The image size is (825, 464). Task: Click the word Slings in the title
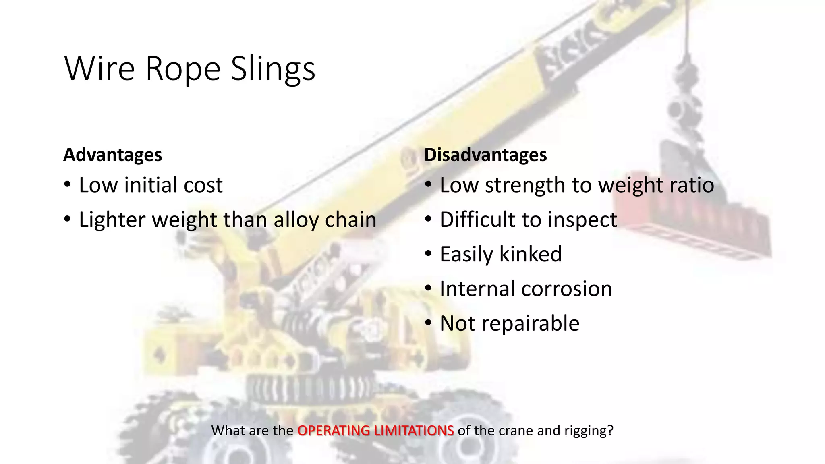273,69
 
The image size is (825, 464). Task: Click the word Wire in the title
99,69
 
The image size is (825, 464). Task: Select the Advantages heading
112,155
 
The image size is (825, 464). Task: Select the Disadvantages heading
485,155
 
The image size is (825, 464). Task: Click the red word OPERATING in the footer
334,431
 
